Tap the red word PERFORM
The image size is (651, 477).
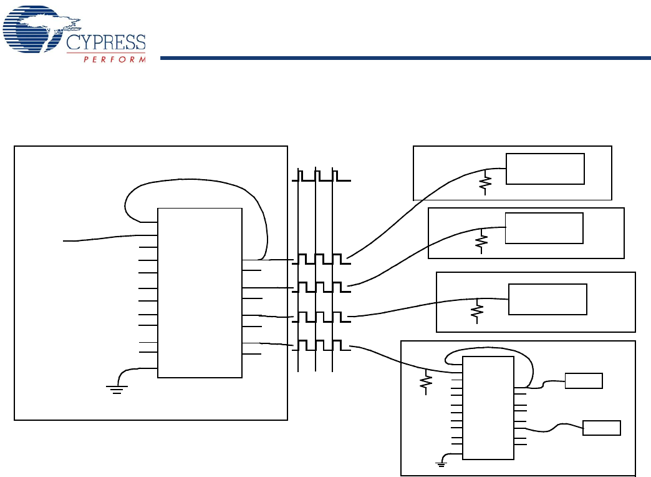115,59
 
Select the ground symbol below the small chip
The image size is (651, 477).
442,462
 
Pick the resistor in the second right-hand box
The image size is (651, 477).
480,242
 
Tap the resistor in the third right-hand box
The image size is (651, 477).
477,310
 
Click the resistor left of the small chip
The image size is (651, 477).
427,382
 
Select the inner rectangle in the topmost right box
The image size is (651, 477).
545,169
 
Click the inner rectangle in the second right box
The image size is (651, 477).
544,228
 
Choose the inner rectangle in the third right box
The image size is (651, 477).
547,299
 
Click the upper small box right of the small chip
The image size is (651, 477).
584,380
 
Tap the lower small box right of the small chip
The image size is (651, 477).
601,428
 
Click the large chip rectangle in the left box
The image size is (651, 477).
200,292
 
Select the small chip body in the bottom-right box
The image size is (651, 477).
488,408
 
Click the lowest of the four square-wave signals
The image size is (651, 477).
321,345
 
